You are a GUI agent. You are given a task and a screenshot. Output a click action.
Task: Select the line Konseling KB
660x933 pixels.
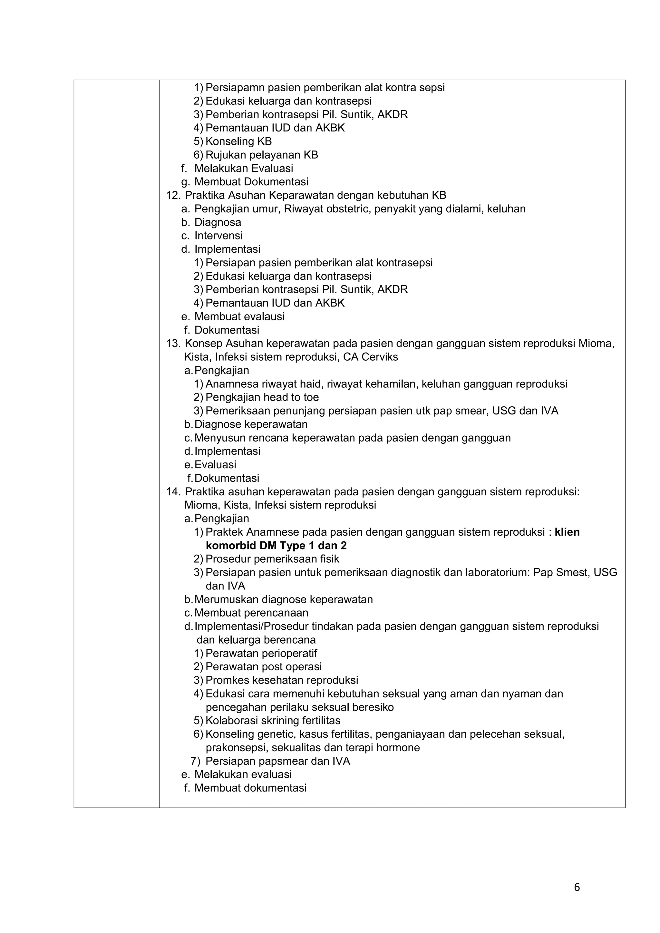[x=238, y=141]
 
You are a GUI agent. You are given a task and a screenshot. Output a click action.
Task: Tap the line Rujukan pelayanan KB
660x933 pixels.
[x=262, y=155]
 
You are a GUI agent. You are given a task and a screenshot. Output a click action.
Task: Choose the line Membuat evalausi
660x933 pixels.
[x=239, y=316]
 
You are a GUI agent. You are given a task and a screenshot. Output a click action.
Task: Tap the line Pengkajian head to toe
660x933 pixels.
[x=262, y=397]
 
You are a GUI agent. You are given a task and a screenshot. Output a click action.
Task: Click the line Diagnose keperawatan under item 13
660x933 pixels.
[x=251, y=424]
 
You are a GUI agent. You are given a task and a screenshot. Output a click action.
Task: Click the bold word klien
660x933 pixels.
[x=567, y=532]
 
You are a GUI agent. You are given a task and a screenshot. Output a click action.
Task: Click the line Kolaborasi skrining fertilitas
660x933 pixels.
[x=273, y=721]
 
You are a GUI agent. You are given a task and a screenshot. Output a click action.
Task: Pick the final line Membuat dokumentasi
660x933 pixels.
[x=250, y=788]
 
